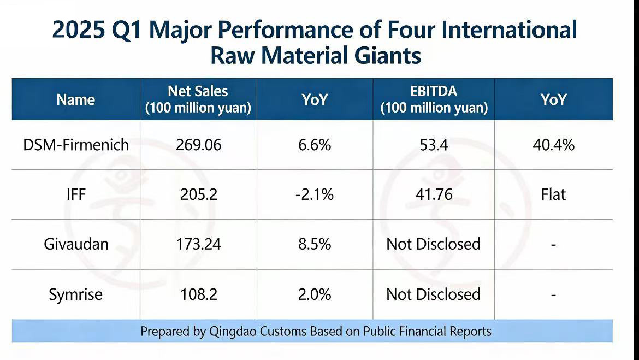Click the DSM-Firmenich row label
click(76, 145)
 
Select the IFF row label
click(76, 194)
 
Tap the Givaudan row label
click(76, 244)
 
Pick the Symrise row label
click(76, 294)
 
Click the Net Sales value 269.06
click(198, 145)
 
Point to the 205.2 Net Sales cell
click(198, 194)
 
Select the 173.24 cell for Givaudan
click(198, 244)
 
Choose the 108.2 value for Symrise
click(198, 294)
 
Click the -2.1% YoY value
click(315, 194)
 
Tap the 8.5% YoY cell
click(315, 244)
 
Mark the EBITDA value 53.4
click(434, 145)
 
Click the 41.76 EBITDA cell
click(434, 194)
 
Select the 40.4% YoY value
click(553, 145)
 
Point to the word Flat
click(553, 194)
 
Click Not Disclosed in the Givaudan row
click(434, 244)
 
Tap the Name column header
click(76, 100)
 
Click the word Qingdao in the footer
click(233, 332)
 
